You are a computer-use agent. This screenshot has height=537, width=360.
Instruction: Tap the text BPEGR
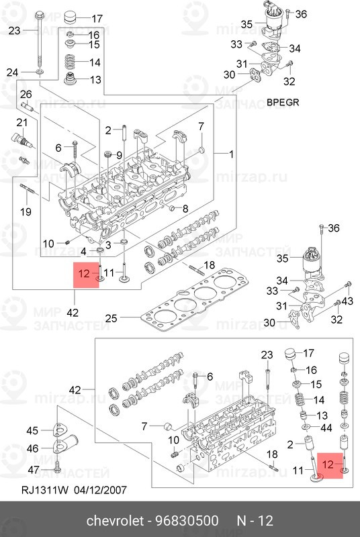click(x=281, y=103)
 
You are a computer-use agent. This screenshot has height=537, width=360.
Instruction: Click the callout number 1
click(x=232, y=154)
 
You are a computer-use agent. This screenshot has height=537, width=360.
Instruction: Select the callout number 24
click(x=11, y=72)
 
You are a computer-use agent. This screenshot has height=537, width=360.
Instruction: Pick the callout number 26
click(x=25, y=93)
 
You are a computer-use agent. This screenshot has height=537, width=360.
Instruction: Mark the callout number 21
click(x=21, y=122)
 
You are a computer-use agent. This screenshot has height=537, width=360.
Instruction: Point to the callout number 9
click(x=119, y=155)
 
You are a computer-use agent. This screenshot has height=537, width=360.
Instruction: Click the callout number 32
click(x=289, y=82)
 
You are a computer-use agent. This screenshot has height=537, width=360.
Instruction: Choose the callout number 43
click(x=347, y=301)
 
